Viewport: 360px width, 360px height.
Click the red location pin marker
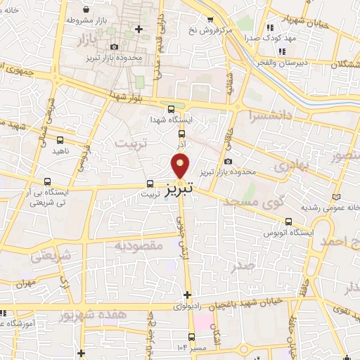pyautogui.click(x=181, y=165)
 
